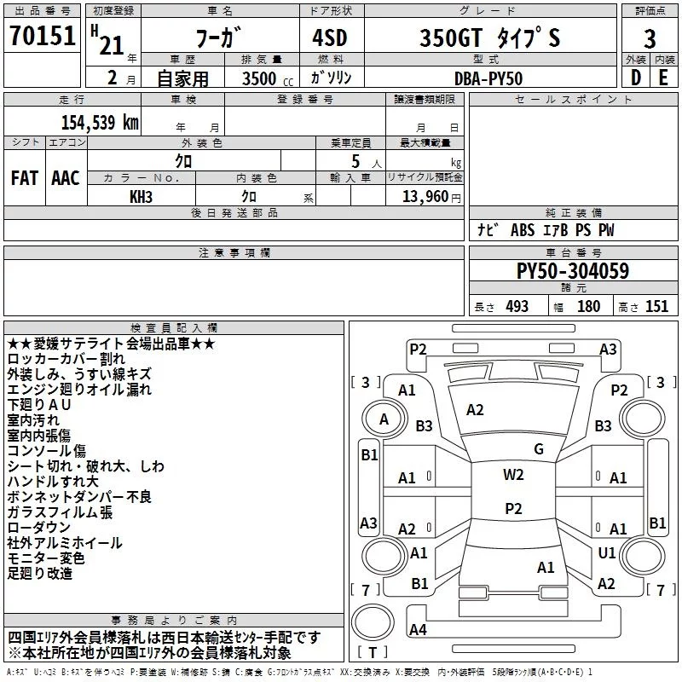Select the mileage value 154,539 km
(100, 122)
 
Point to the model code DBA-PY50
(488, 78)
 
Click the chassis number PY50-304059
(573, 271)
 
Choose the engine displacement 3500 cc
(254, 78)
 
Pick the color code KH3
(142, 196)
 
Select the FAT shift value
(25, 177)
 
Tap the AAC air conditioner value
(66, 177)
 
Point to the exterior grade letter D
(635, 78)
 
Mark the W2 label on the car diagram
(513, 475)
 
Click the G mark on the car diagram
(539, 449)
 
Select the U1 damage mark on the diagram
(607, 553)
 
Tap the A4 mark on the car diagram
(418, 630)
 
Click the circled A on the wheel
(384, 419)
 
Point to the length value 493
(517, 307)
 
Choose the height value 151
(656, 307)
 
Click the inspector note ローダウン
(40, 528)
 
